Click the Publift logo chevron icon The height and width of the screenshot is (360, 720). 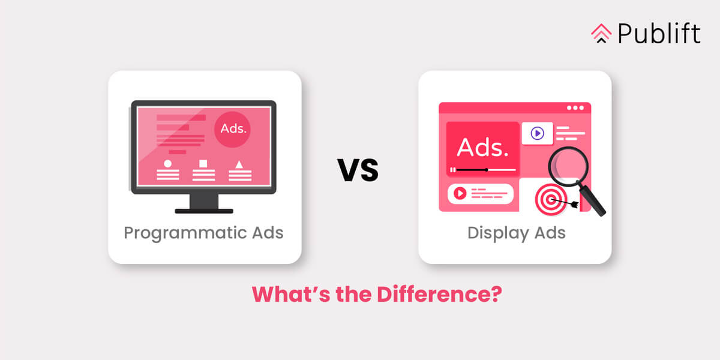click(x=601, y=34)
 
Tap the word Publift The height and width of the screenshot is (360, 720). click(x=658, y=34)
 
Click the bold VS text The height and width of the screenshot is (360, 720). click(x=358, y=170)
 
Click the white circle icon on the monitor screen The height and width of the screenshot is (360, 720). click(x=167, y=163)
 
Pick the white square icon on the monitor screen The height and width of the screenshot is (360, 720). click(x=203, y=163)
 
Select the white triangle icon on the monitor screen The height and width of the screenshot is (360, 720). click(x=239, y=163)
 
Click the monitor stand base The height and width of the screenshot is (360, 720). click(x=203, y=211)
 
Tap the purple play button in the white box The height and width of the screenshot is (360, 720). click(x=537, y=133)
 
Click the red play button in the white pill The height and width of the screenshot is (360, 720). click(x=460, y=193)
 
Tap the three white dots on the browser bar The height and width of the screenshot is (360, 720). click(x=575, y=108)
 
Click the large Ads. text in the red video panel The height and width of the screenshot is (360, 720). click(x=482, y=147)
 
